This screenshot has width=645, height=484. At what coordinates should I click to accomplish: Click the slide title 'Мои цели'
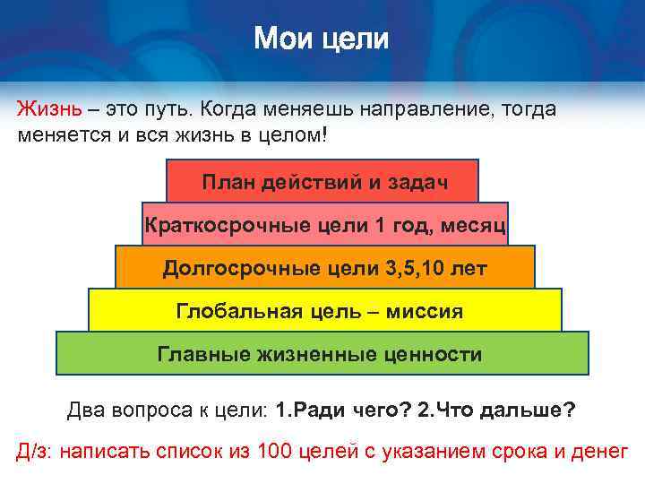click(x=322, y=39)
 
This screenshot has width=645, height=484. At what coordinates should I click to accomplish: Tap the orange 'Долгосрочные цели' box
click(x=324, y=267)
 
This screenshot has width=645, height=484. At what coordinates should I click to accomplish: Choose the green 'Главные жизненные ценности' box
click(x=322, y=354)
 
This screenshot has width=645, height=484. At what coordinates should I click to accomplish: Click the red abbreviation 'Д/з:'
click(x=35, y=451)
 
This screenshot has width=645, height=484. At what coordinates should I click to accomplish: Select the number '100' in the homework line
click(x=277, y=451)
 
